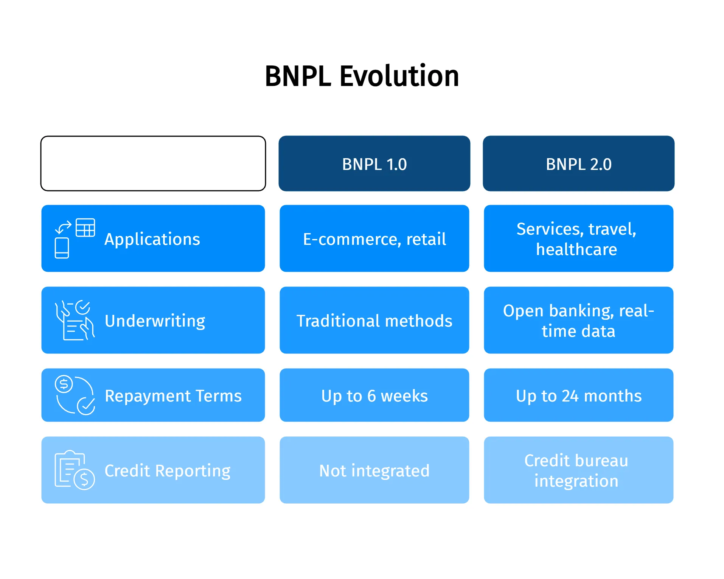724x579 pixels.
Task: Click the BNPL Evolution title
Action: click(362, 76)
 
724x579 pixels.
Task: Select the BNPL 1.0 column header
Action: click(374, 164)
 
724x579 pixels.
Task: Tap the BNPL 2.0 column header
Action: click(578, 164)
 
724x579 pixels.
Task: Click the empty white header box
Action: click(153, 163)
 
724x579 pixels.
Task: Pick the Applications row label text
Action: click(152, 239)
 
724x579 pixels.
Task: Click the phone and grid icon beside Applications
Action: click(75, 238)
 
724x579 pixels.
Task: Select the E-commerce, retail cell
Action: click(374, 239)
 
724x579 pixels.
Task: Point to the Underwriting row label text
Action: click(155, 321)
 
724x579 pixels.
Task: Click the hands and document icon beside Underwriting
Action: click(75, 321)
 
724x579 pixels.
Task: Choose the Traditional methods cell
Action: click(374, 321)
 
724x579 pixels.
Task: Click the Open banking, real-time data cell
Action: click(578, 321)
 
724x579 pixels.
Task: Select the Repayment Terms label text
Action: click(173, 396)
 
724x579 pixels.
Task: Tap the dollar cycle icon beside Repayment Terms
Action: click(75, 395)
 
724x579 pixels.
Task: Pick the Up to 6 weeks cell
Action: click(374, 395)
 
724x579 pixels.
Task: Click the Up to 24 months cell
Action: click(578, 395)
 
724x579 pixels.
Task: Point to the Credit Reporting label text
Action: click(167, 471)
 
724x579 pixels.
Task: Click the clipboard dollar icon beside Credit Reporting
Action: click(75, 470)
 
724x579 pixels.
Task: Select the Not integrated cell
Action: click(374, 470)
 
